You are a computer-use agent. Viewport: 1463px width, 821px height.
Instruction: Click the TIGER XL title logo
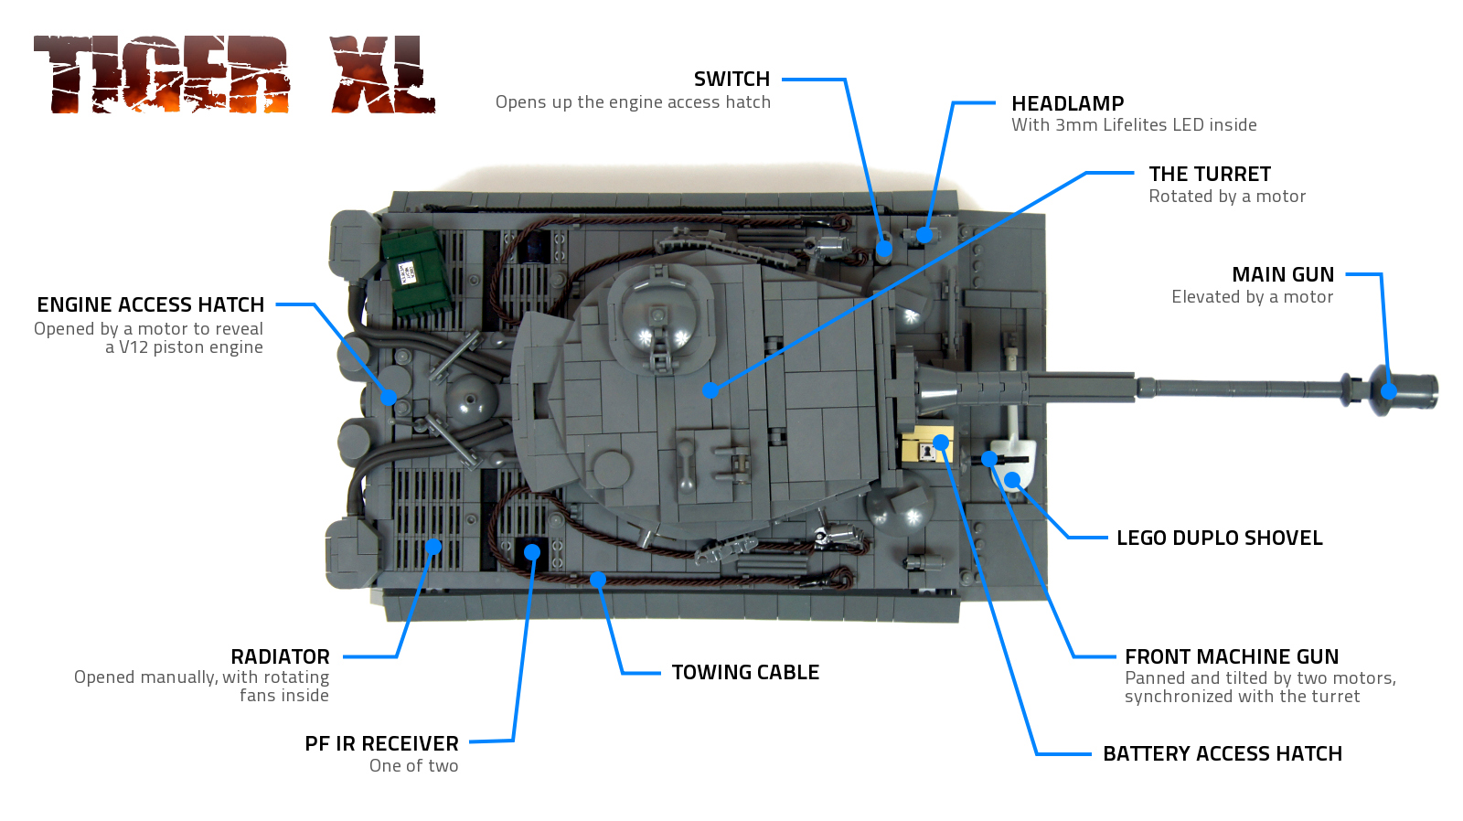pyautogui.click(x=234, y=75)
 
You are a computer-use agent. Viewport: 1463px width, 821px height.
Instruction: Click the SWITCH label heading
pyautogui.click(x=731, y=80)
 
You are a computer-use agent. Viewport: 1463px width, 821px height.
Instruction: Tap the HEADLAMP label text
pyautogui.click(x=1067, y=104)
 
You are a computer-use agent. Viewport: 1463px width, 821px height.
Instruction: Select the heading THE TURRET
pyautogui.click(x=1209, y=175)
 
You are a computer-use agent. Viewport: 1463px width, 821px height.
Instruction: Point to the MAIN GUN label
pyautogui.click(x=1282, y=275)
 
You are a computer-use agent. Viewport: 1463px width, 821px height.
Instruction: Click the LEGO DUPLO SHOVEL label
pyautogui.click(x=1219, y=538)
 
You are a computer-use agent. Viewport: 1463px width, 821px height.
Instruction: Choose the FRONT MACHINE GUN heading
pyautogui.click(x=1231, y=657)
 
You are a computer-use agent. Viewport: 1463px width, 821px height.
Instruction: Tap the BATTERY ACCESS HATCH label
pyautogui.click(x=1222, y=754)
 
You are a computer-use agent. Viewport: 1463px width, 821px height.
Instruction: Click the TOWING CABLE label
pyautogui.click(x=745, y=673)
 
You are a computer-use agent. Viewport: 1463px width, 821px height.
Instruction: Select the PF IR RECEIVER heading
pyautogui.click(x=381, y=744)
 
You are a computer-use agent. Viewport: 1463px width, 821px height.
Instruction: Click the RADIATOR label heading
pyautogui.click(x=280, y=657)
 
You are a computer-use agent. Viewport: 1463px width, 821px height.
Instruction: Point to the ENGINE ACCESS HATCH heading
pyautogui.click(x=151, y=305)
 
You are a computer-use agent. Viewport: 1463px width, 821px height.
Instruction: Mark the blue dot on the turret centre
pyautogui.click(x=710, y=390)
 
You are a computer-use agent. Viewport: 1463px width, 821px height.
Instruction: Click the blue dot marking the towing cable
pyautogui.click(x=598, y=579)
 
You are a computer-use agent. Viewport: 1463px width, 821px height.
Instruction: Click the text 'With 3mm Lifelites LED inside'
pyautogui.click(x=1134, y=125)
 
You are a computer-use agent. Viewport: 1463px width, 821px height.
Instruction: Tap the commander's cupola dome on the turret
pyautogui.click(x=658, y=315)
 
